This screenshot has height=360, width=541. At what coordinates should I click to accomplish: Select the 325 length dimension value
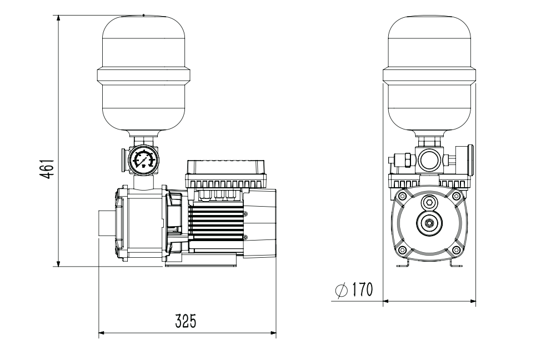click(186, 321)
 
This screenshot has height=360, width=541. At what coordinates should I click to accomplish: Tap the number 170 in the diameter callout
click(362, 289)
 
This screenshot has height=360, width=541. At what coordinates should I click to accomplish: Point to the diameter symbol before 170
click(342, 291)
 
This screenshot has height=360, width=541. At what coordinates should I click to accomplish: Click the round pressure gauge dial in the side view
click(143, 159)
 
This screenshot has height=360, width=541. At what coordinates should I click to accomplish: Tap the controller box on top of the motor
click(226, 174)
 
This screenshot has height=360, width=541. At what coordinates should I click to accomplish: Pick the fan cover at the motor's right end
click(260, 223)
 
